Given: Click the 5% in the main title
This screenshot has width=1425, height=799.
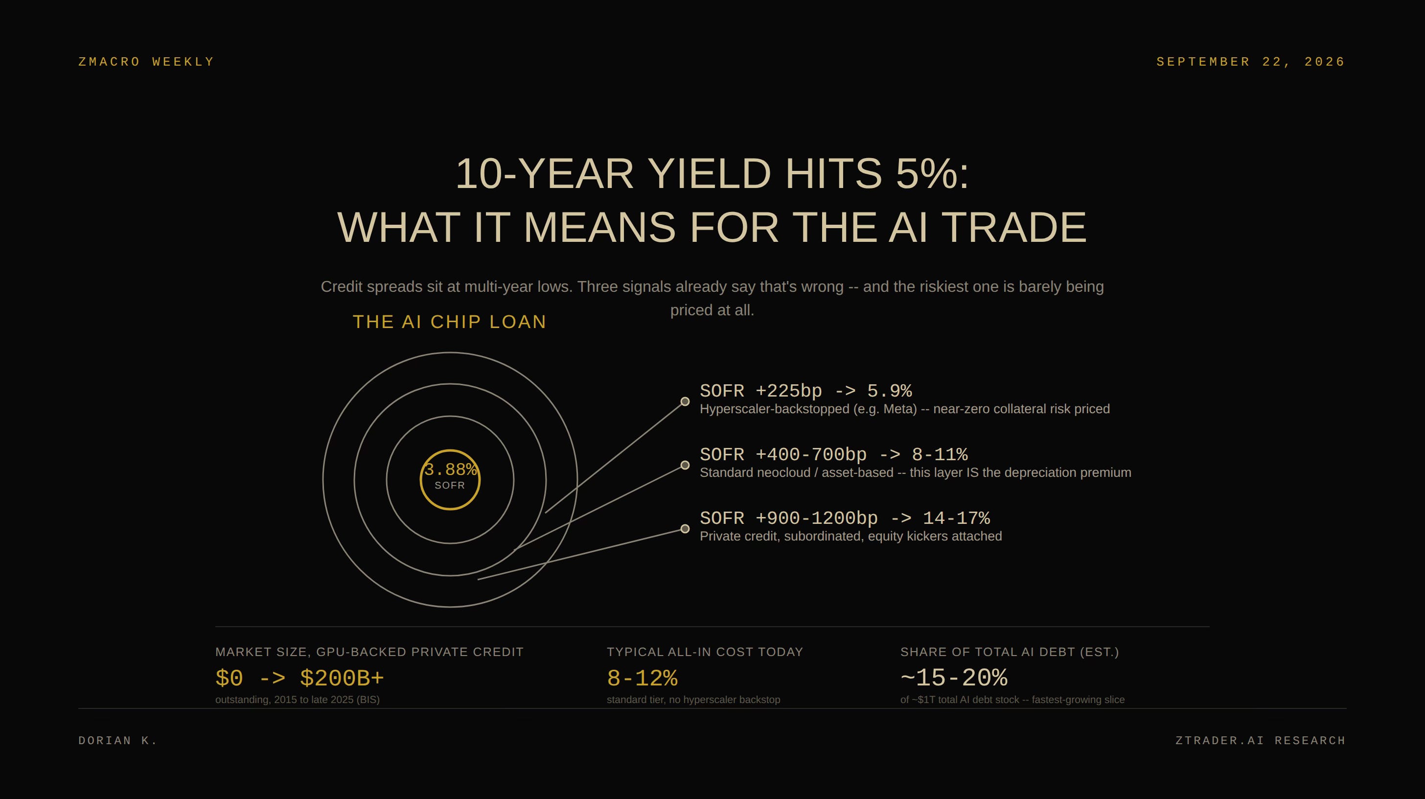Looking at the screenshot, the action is [932, 174].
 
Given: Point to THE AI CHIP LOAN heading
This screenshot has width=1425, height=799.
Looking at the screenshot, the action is [450, 322].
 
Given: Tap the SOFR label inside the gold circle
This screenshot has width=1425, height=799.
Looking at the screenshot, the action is [450, 486].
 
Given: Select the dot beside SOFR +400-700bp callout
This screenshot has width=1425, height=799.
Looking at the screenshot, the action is [685, 465].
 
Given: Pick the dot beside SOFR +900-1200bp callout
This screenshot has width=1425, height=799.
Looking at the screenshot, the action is [685, 529].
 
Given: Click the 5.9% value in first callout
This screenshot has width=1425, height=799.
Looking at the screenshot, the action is [890, 391].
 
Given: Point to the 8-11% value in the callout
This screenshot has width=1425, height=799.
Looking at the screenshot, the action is [940, 455].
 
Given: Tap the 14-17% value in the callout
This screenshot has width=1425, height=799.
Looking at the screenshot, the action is [957, 518].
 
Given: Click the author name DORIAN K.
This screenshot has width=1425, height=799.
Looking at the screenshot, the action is [118, 741].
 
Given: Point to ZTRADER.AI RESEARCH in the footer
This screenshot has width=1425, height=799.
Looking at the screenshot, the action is [1261, 741].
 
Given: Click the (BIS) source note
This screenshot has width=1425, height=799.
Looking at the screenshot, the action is [368, 700].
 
